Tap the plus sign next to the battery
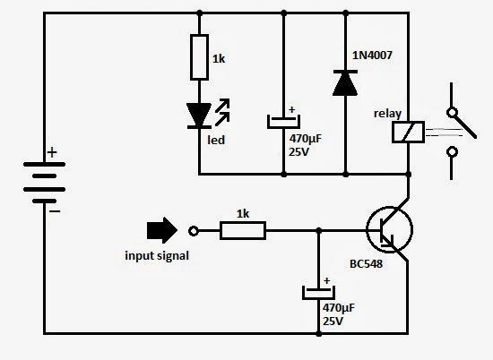pyautogui.click(x=52, y=153)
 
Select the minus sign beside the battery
pyautogui.click(x=54, y=212)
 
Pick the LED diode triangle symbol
pyautogui.click(x=198, y=116)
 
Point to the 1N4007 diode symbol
pyautogui.click(x=345, y=82)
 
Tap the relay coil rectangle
pyautogui.click(x=408, y=132)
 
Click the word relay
pyautogui.click(x=387, y=113)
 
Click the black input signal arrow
pyautogui.click(x=161, y=230)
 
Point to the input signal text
pyautogui.click(x=156, y=256)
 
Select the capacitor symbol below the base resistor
pyautogui.click(x=318, y=290)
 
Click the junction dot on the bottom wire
pyautogui.click(x=318, y=334)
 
